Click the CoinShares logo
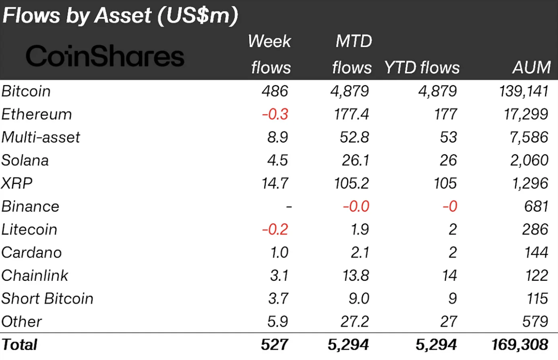(105, 57)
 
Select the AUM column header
(532, 67)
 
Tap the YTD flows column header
(422, 67)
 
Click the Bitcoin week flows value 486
(274, 91)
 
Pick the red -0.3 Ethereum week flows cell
(274, 114)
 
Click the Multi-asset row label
(40, 137)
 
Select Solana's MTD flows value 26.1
(355, 160)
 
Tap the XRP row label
(17, 183)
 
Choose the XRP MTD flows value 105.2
(351, 183)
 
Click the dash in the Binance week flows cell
(289, 206)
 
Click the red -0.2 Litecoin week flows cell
(274, 230)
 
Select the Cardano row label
(31, 253)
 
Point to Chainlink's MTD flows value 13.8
(355, 276)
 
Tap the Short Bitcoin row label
(47, 298)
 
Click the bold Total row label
(19, 344)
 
